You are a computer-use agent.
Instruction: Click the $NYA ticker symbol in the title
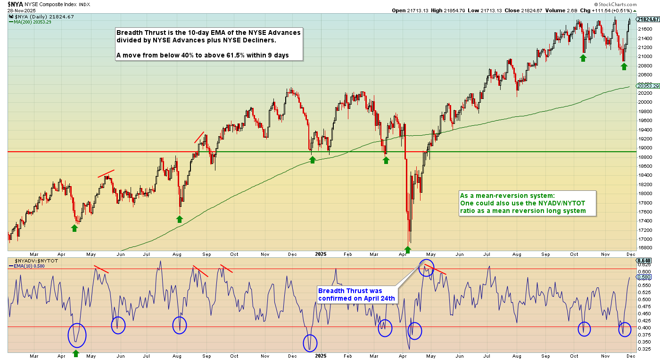tap(15, 3)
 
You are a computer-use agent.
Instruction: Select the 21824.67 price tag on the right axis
tap(648, 19)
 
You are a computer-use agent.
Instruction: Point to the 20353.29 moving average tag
tap(648, 86)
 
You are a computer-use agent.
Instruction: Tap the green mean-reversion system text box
tap(528, 203)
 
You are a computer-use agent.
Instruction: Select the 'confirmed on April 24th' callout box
tap(356, 295)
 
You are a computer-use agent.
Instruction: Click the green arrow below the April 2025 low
tap(408, 250)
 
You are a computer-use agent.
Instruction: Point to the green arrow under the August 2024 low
tap(179, 219)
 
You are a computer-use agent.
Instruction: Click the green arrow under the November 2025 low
tap(624, 66)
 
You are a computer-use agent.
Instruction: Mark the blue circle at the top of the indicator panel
tap(426, 268)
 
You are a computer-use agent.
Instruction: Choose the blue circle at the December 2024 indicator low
tap(310, 343)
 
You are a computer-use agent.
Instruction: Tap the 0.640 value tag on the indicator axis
tap(643, 261)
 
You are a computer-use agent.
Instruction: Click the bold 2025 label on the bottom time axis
tap(321, 356)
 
